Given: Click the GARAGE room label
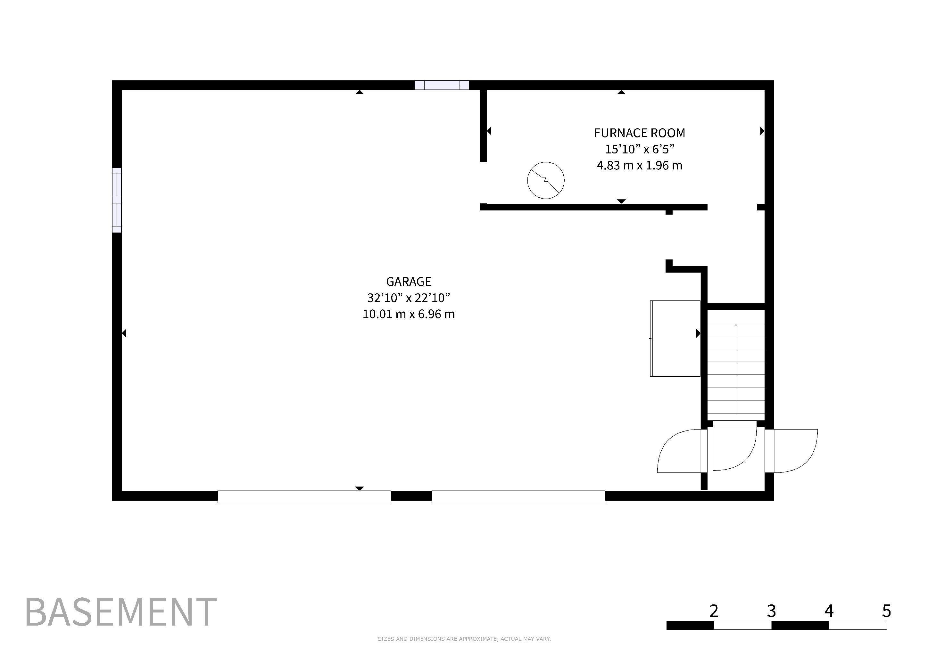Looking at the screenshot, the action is [409, 282].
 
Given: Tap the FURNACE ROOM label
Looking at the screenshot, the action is [639, 133].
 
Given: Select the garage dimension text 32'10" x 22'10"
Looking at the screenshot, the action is [409, 298].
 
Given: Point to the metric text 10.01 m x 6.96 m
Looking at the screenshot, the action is [409, 314].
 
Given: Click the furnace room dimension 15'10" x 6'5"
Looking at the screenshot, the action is [639, 149].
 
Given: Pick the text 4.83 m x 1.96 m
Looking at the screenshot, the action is [639, 165].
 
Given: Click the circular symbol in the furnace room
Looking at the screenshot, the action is [546, 180].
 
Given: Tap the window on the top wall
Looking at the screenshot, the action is [442, 85].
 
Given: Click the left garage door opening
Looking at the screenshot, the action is [304, 496].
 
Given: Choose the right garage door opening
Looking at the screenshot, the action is [518, 496].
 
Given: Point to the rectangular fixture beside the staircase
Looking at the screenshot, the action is [675, 339].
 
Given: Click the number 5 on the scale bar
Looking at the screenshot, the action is [886, 611].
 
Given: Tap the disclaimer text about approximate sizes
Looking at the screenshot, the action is [464, 639].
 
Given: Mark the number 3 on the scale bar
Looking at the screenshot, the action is [771, 611].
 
